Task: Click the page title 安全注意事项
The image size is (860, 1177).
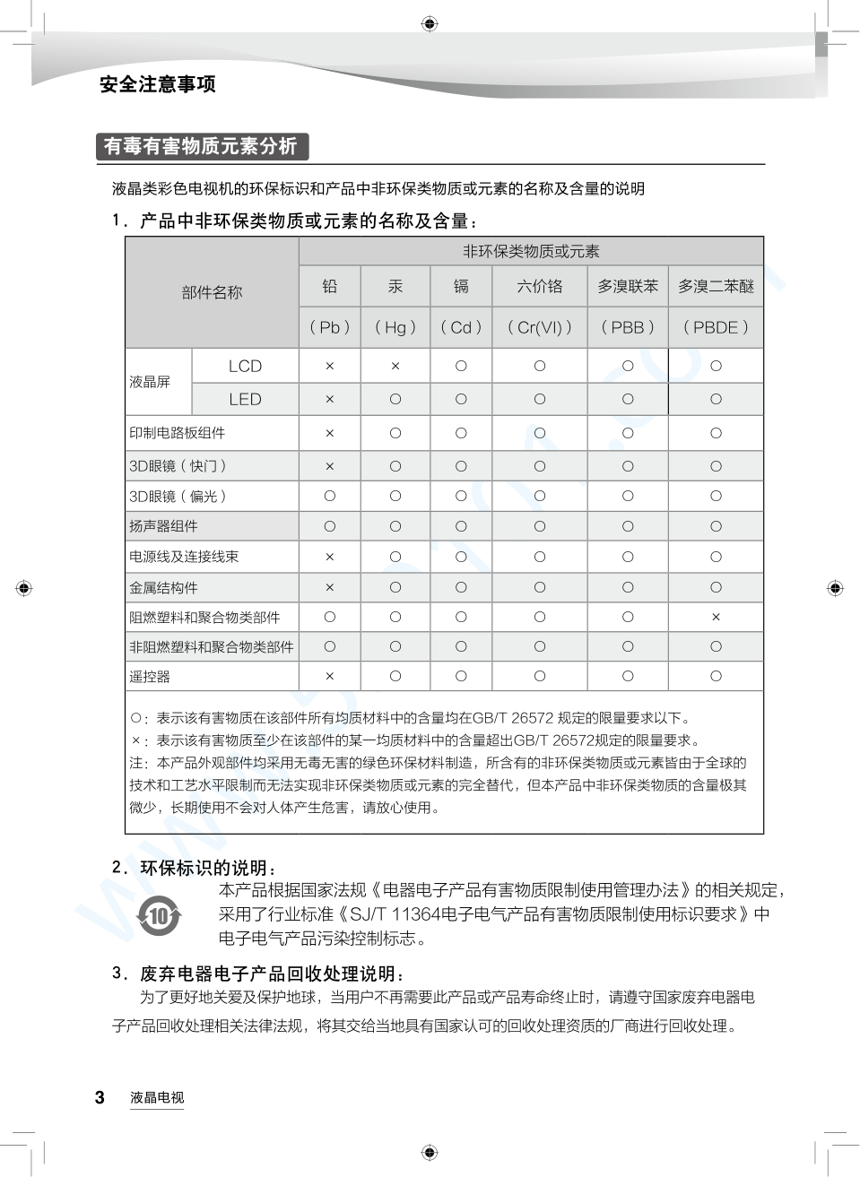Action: [158, 84]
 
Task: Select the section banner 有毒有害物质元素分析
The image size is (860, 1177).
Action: [201, 146]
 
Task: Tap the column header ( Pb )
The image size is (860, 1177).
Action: [329, 327]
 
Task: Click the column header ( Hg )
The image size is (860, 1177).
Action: [395, 327]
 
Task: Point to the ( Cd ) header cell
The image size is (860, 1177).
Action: [461, 327]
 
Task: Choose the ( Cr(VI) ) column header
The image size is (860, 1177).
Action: [540, 327]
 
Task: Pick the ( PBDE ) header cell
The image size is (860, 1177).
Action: [716, 327]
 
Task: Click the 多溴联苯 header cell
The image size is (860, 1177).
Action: [628, 286]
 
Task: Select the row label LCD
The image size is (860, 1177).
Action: [245, 366]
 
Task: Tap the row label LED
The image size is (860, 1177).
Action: [245, 399]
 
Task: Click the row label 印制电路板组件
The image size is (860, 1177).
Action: [178, 433]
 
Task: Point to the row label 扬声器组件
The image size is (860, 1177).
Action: [163, 526]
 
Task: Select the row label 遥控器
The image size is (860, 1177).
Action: [150, 677]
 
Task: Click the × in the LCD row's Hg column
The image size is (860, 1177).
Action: [395, 366]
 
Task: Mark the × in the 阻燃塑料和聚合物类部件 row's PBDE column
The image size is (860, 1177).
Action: [716, 617]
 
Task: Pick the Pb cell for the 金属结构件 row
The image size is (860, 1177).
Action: [329, 588]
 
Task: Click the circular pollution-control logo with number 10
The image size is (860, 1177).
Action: [159, 916]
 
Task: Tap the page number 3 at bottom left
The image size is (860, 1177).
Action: [100, 1097]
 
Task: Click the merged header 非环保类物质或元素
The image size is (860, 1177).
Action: [531, 251]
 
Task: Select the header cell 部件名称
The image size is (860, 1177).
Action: [212, 292]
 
